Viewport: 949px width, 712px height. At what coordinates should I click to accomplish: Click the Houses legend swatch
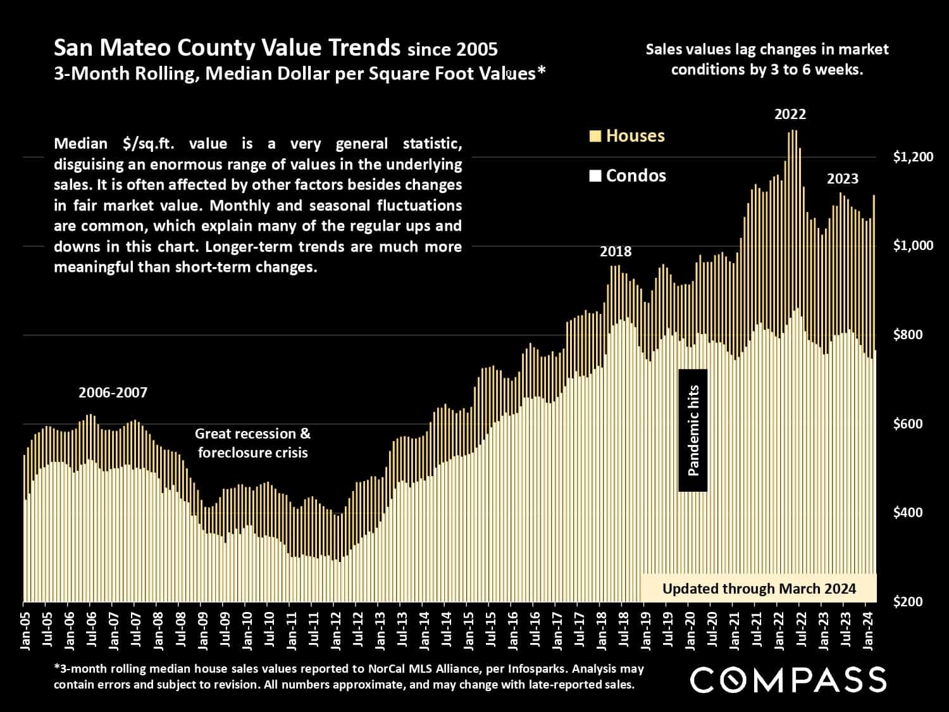coord(595,136)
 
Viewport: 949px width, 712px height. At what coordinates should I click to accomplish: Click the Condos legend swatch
coord(595,176)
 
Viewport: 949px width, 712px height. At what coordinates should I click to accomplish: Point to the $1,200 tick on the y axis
coord(913,157)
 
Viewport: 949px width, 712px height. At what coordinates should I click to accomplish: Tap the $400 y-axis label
coord(913,513)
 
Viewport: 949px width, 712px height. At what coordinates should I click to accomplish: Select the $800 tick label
coord(913,335)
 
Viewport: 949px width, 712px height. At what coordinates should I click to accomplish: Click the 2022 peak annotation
coord(790,115)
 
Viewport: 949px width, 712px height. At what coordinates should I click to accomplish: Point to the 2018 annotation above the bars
coord(616,252)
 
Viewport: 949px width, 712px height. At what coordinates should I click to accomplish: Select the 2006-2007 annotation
coord(113,393)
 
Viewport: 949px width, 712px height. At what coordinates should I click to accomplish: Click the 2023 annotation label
coord(843,179)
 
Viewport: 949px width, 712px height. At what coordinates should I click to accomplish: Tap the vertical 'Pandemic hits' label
coord(693,430)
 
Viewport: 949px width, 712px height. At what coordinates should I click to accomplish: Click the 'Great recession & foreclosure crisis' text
coord(252,443)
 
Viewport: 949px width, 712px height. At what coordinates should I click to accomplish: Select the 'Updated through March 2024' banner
coord(759,589)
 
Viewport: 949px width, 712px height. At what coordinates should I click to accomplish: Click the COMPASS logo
coord(788,680)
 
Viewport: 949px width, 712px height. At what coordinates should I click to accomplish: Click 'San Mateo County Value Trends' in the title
coord(226,47)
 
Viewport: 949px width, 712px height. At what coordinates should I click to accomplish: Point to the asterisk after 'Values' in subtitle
coord(541,72)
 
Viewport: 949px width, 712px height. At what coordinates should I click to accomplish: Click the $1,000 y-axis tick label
coord(913,246)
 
